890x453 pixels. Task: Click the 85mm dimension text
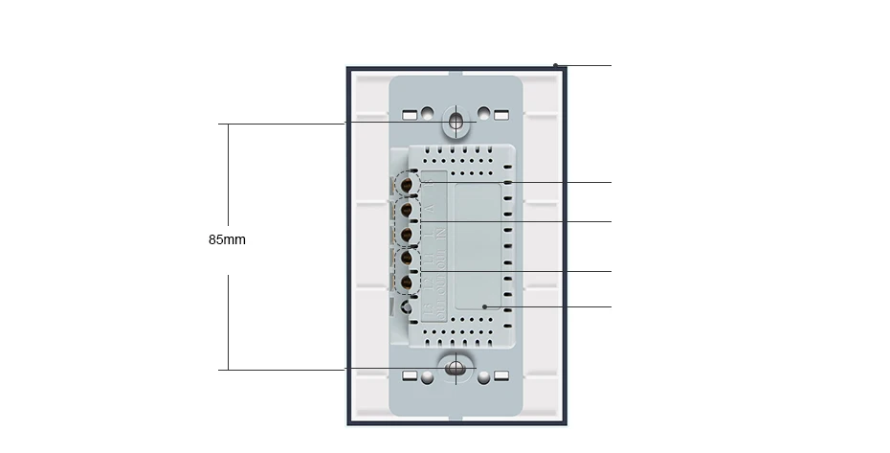227,239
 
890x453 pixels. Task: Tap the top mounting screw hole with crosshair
456,123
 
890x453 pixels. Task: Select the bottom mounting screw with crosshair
456,369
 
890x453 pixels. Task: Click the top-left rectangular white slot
410,116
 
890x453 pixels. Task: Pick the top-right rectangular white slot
501,116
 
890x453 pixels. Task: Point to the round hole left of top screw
428,113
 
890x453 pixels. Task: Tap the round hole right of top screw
484,113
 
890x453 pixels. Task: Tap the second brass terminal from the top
407,209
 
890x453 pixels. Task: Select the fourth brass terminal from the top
407,259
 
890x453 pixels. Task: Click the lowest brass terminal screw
407,283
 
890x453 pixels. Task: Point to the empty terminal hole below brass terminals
409,307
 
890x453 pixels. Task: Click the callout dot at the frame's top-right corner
555,66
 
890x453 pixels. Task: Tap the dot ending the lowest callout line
485,307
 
